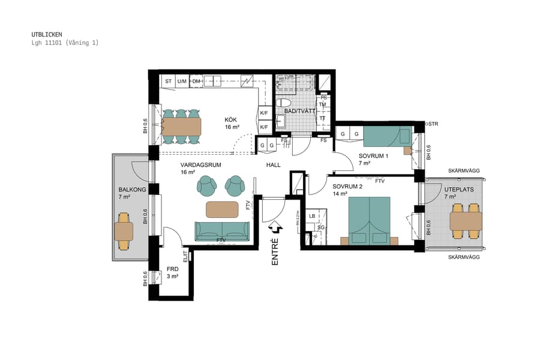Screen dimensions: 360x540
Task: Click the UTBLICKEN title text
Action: point(46,34)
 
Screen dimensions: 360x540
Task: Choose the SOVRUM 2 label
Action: point(347,186)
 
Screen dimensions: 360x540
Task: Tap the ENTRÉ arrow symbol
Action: point(276,229)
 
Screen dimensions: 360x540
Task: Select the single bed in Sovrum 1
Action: point(387,137)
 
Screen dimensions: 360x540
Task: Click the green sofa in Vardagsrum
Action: point(221,230)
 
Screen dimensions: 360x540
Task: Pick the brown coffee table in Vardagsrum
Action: point(222,209)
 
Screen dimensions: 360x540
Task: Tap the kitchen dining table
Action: point(181,126)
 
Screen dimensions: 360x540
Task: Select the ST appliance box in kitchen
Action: point(168,81)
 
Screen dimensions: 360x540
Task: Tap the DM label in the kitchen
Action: point(196,81)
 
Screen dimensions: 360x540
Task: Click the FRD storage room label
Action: point(172,269)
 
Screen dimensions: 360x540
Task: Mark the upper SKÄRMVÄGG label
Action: point(464,171)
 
